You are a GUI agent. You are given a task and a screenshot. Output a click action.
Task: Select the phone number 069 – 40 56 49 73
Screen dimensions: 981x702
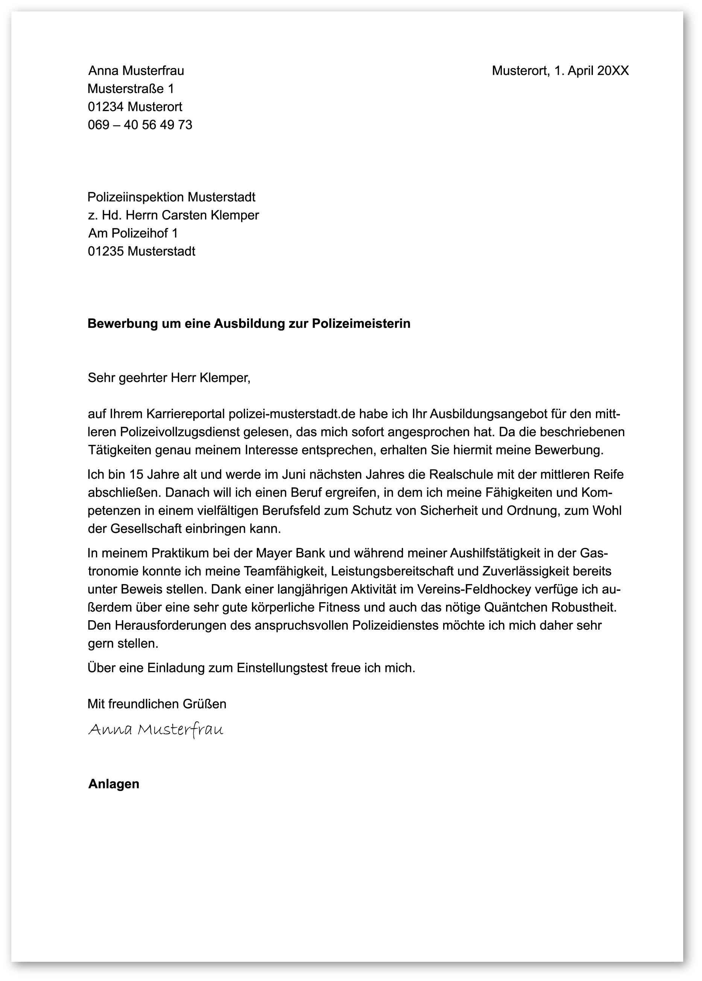coord(140,125)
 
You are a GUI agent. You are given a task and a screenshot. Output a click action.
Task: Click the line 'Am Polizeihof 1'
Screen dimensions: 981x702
coord(133,233)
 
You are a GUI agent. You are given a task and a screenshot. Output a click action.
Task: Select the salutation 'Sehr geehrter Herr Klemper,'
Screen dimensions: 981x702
coord(169,378)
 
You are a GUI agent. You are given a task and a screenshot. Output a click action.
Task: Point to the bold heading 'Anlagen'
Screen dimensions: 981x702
coord(114,784)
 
